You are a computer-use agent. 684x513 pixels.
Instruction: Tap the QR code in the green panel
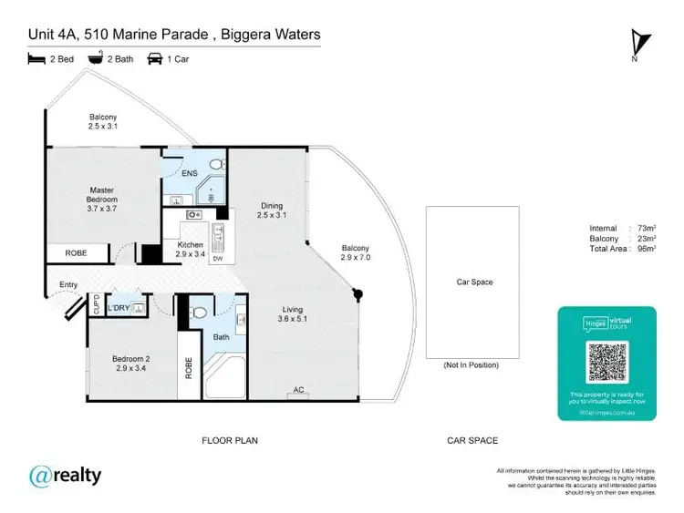point(606,363)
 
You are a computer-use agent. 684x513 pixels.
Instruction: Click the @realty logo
point(65,475)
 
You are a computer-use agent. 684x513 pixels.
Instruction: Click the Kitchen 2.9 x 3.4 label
point(190,250)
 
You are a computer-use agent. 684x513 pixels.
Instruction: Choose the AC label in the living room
point(297,391)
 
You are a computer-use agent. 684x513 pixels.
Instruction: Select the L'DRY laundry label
point(118,308)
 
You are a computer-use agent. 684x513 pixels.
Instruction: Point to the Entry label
point(68,285)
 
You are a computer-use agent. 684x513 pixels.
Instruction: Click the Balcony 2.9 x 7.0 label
point(355,253)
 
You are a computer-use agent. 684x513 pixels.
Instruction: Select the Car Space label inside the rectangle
point(474,282)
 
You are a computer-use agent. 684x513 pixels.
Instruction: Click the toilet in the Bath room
point(199,312)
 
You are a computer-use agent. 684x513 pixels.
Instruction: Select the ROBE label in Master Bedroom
point(76,253)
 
